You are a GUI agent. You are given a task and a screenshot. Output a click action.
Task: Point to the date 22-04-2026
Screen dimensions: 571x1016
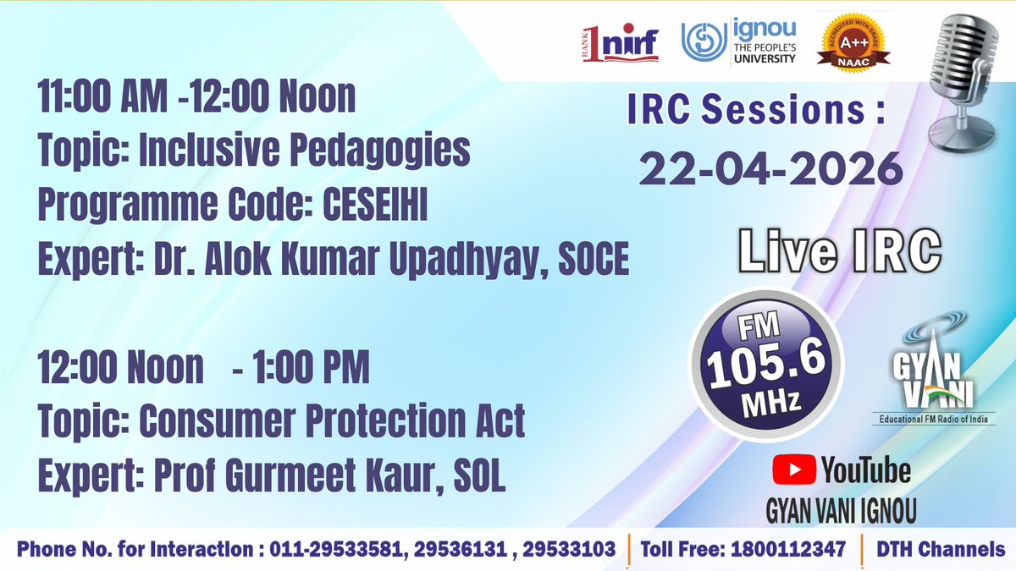[x=770, y=170]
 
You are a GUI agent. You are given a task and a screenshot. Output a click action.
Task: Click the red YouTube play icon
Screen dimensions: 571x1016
[x=793, y=469]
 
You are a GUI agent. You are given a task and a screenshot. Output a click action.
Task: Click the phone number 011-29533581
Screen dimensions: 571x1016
[x=335, y=549]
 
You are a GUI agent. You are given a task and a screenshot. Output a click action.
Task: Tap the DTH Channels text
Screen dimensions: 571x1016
[x=941, y=549]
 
